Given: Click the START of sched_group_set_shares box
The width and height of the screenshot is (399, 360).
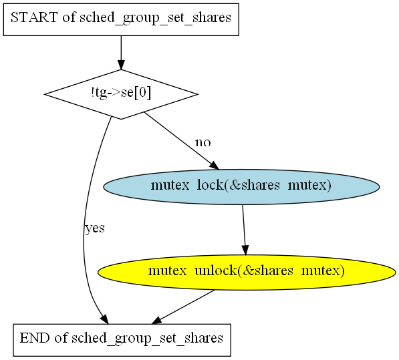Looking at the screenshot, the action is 121,19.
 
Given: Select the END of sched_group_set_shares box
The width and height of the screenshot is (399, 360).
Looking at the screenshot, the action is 122,340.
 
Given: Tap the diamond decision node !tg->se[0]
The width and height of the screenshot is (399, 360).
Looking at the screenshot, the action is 121,94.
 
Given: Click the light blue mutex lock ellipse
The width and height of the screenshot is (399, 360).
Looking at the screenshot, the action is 241,187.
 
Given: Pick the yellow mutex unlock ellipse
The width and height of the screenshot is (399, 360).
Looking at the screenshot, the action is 247,273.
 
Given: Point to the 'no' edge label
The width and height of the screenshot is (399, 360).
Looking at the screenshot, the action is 203,143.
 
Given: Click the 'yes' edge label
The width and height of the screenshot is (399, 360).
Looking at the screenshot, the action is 95,228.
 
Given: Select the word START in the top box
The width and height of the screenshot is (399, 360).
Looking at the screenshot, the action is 34,17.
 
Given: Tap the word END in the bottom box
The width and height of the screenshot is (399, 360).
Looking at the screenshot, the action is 35,338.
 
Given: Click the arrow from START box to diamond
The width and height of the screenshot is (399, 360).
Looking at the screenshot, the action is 121,52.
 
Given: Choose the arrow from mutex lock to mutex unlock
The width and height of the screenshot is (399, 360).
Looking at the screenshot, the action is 244,230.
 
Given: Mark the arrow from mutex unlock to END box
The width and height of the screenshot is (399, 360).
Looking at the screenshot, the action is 182,307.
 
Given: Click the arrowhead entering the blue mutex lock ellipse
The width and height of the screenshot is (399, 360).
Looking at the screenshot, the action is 215,166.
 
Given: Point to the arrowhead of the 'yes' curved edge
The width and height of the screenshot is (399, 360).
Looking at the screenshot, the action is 105,319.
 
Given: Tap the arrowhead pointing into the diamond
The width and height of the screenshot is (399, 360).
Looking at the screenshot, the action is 121,65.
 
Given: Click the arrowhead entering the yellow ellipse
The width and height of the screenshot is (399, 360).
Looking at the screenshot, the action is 245,250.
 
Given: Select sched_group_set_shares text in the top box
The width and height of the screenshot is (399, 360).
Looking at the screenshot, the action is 155,18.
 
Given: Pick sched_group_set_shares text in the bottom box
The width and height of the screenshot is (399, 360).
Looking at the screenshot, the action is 147,339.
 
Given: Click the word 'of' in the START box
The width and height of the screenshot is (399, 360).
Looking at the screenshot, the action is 69,17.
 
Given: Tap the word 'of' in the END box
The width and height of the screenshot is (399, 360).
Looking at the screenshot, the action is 61,338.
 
